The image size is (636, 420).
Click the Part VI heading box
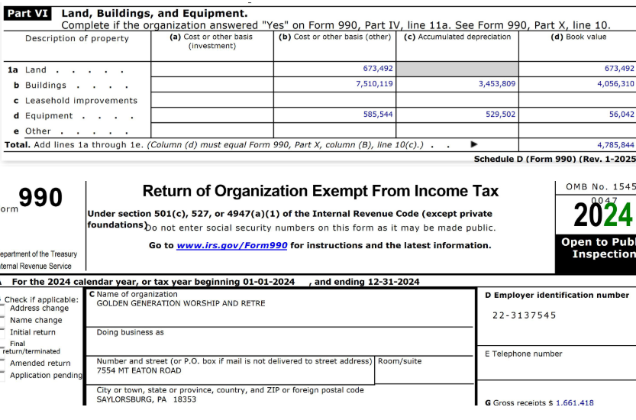[29, 14]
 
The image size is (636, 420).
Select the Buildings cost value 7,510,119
[374, 84]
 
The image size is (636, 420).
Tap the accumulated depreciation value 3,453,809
[496, 84]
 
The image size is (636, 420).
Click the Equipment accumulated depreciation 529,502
[496, 115]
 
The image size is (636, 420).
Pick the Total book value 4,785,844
[615, 145]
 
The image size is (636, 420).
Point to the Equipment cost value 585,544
[378, 115]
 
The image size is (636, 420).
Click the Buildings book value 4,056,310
[615, 84]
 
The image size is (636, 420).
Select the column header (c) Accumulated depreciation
[457, 37]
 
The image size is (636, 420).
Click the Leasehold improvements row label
[81, 101]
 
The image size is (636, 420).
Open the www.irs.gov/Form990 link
[231, 246]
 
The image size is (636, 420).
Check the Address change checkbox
[2, 309]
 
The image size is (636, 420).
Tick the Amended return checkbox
[2, 363]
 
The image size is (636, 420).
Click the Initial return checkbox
[2, 333]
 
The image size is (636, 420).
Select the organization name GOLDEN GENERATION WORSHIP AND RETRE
[181, 304]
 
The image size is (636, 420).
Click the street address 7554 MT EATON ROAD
[139, 371]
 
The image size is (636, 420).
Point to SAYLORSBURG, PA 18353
[147, 399]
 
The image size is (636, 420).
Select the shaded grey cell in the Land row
[457, 69]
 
